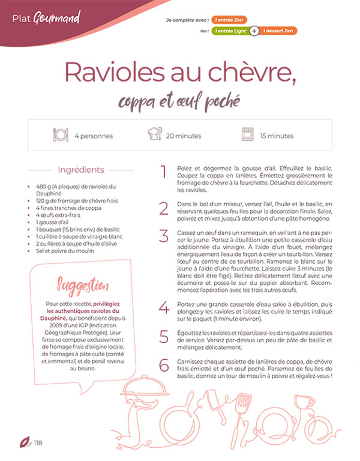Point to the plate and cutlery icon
61,135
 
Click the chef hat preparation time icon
155,135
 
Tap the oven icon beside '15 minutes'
248,135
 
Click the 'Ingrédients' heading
81,170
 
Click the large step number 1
163,172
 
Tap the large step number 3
163,236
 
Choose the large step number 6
164,365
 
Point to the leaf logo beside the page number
26,443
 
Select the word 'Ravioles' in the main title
114,73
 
